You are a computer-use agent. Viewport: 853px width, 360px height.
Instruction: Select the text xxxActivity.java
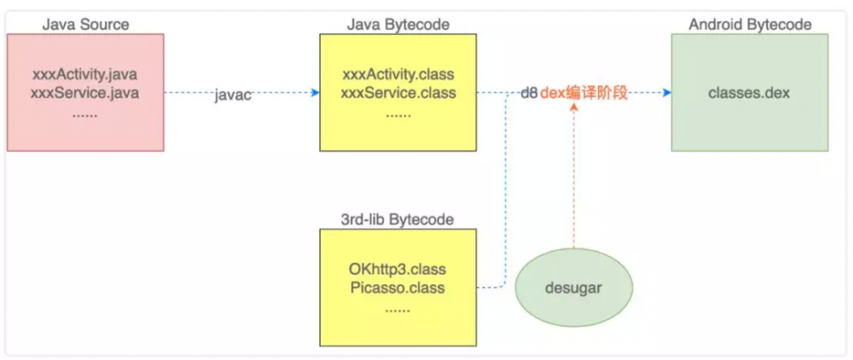click(x=84, y=75)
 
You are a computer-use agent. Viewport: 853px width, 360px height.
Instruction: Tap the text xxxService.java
click(x=84, y=93)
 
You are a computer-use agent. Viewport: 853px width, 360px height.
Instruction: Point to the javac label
click(x=233, y=96)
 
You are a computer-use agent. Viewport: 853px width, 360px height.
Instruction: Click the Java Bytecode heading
click(x=398, y=24)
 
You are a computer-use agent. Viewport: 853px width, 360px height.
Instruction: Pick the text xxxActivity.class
click(x=398, y=75)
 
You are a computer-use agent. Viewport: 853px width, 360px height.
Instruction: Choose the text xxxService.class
click(x=398, y=93)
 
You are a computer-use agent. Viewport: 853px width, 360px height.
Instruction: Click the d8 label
click(x=529, y=94)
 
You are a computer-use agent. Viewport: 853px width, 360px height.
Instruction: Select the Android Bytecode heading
click(x=750, y=24)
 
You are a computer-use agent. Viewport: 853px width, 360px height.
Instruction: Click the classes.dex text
click(x=750, y=93)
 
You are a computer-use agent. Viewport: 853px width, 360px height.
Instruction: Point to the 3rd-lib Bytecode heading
click(x=398, y=219)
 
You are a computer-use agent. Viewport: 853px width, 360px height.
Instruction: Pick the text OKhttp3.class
click(x=398, y=270)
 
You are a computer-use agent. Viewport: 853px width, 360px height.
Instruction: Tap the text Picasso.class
click(x=398, y=287)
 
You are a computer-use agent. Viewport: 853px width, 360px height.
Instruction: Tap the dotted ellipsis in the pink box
click(x=84, y=112)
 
